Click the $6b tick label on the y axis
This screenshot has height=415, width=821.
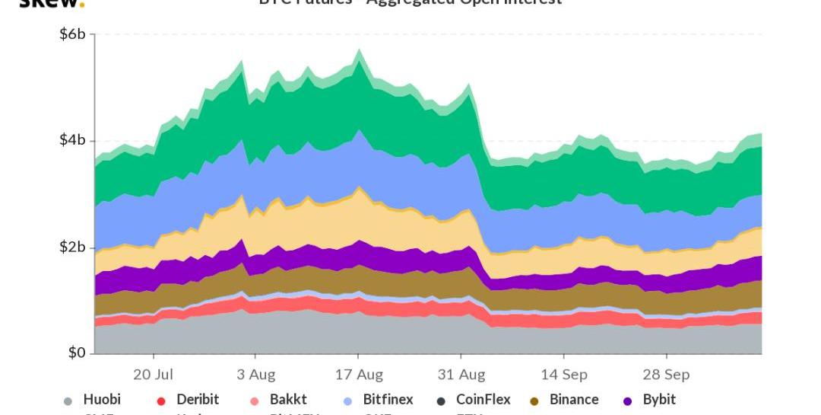72,34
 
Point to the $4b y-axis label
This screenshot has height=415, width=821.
72,141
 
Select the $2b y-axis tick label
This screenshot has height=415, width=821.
72,247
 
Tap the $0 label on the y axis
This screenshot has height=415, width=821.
77,353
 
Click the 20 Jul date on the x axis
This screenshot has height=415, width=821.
154,375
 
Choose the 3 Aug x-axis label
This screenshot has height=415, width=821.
256,375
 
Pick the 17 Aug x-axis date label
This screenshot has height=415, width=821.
360,375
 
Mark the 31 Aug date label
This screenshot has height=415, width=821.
461,375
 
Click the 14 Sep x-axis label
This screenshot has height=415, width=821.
564,375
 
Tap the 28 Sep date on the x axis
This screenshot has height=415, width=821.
667,375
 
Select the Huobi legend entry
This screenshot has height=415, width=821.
102,400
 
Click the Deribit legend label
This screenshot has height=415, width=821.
198,400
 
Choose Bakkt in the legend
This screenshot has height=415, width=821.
288,400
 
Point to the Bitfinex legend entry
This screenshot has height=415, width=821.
388,400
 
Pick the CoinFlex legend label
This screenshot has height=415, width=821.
483,400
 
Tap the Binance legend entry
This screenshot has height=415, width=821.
574,400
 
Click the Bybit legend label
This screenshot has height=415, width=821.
659,400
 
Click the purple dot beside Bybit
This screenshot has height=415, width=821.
628,401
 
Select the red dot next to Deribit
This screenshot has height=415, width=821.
161,401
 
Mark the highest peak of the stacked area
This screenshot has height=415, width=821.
359,50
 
